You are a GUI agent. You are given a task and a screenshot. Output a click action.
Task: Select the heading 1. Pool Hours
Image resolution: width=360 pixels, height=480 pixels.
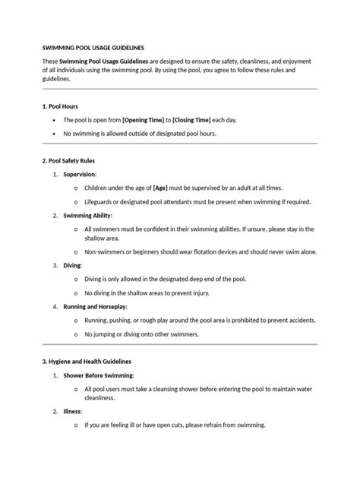point(61,106)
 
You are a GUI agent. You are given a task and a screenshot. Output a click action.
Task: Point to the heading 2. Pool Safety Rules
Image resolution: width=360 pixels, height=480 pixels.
point(68,161)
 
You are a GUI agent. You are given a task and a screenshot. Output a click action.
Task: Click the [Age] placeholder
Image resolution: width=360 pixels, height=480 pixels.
point(160,188)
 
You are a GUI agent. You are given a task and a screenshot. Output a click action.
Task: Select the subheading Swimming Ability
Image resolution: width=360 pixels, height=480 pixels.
point(91,215)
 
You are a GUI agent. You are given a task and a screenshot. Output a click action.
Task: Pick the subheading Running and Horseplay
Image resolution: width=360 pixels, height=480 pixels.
point(99,306)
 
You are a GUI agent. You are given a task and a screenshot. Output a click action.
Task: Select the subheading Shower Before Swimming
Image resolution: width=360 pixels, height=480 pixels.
point(98,375)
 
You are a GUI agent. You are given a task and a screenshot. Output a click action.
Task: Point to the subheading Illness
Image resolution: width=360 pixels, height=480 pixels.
point(72,411)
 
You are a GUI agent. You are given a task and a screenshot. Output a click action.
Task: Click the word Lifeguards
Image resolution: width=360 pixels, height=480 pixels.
point(101,201)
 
